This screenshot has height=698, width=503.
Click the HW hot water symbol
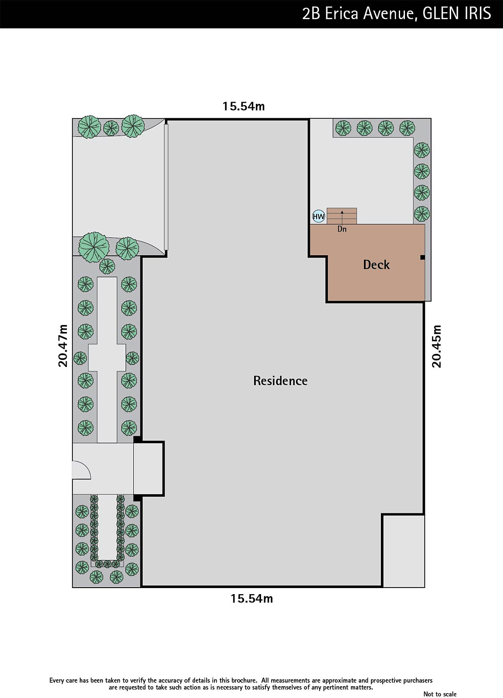tap(319, 216)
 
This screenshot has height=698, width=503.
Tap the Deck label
tap(376, 264)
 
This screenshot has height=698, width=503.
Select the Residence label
tap(280, 380)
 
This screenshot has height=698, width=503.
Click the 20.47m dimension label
tap(63, 346)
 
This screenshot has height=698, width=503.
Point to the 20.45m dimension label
tap(437, 346)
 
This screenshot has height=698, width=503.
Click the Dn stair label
tap(342, 229)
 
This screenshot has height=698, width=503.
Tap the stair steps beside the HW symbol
tap(342, 216)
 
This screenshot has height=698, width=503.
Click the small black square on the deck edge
tap(422, 257)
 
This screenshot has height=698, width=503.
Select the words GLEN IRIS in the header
tap(457, 14)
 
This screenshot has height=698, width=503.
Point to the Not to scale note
tap(440, 694)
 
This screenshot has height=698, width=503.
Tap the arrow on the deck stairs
tap(342, 217)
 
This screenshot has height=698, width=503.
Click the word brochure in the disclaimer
tap(245, 680)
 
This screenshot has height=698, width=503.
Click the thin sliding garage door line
tap(166, 187)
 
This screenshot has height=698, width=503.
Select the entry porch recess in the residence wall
tap(149, 469)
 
